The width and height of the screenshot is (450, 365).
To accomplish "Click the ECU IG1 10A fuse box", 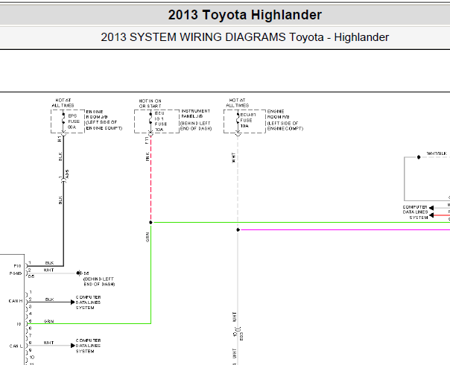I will point(158,121).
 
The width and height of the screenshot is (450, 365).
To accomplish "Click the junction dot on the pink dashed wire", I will point(150,222).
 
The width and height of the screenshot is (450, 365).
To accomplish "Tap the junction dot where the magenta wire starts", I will point(237,229).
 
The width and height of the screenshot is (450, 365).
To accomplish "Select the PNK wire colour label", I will point(148,157).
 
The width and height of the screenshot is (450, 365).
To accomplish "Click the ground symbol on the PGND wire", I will point(77,273).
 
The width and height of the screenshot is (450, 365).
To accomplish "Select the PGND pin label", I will point(15,273).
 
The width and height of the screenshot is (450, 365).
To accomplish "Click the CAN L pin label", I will point(16,346).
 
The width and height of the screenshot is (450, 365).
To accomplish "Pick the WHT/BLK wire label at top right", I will point(436,153).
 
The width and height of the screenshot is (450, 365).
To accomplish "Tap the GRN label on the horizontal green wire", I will point(48,322).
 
